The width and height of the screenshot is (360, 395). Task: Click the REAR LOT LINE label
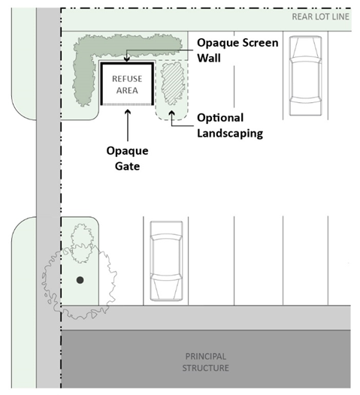pos(320,17)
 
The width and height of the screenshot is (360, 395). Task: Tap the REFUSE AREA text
pos(127,85)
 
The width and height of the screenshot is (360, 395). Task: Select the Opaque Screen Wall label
pos(237,50)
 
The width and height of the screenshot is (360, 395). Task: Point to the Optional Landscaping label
pos(230,125)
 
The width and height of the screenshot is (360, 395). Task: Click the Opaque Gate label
pos(127,158)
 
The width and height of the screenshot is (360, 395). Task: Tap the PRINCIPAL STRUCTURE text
pos(206,362)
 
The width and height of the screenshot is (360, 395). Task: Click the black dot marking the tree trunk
pos(80,280)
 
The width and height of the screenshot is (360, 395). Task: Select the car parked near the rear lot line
pos(306,76)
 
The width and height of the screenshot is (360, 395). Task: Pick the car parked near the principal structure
pos(166,261)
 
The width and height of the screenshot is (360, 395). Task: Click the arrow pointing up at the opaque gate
pos(128,125)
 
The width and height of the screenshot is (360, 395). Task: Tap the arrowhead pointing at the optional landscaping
pos(172,113)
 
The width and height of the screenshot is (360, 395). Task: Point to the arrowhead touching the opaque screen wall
pos(127,59)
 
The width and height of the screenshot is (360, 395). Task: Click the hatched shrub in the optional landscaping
pos(173,83)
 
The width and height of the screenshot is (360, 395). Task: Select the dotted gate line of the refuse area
pos(127,104)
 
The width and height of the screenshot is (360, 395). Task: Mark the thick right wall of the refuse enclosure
pos(153,83)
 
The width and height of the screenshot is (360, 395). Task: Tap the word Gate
pos(127,166)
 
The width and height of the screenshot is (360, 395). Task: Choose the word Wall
pos(209,58)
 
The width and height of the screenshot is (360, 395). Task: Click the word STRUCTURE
pos(206,368)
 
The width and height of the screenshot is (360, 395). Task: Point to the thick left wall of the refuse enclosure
pos(101,83)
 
